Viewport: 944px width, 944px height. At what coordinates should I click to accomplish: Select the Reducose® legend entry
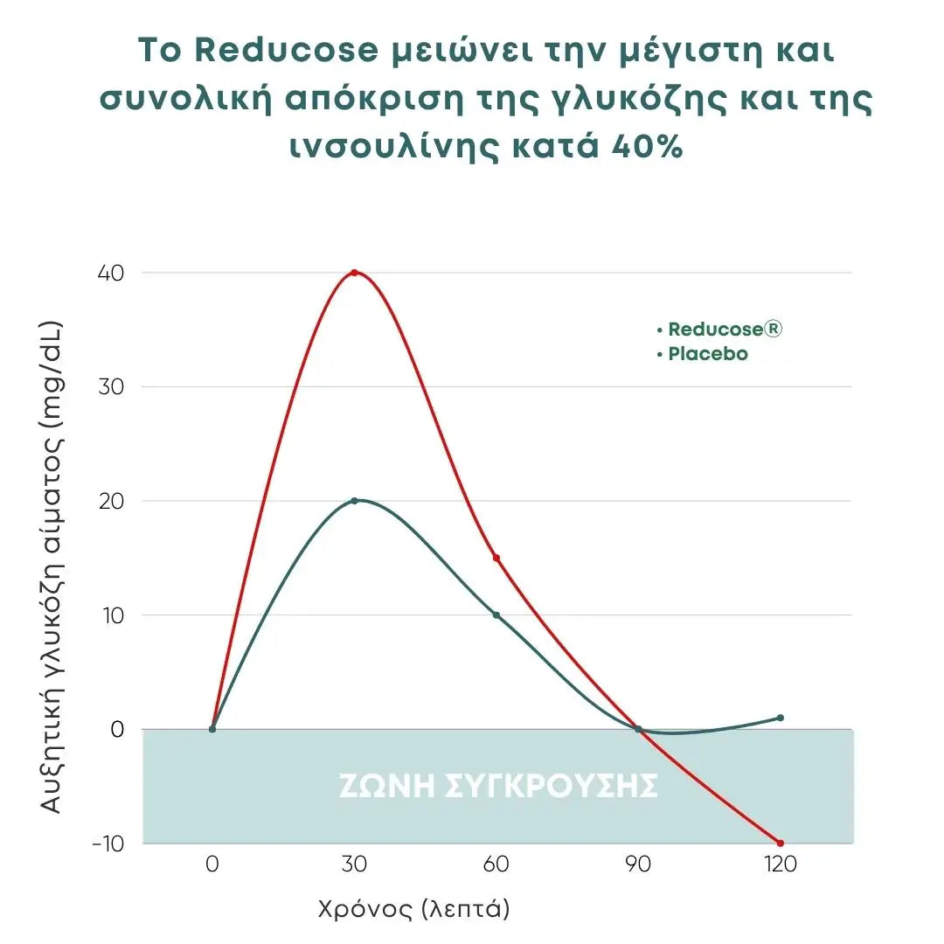tap(725, 330)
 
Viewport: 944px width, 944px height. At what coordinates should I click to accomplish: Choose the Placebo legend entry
tap(707, 355)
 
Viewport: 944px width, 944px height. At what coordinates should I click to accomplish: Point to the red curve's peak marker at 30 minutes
tap(354, 273)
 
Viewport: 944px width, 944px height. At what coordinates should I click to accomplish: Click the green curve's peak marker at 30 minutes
tap(354, 501)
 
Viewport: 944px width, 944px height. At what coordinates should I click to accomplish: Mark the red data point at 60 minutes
tap(496, 558)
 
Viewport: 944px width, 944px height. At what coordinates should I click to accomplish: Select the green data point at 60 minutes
tap(496, 615)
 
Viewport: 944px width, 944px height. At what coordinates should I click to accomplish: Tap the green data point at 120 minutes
tap(780, 718)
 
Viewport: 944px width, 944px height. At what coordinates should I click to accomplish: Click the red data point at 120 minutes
tap(780, 843)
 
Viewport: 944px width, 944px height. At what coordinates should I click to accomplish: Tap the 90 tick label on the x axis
tap(638, 864)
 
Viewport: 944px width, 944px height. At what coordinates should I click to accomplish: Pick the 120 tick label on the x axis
tap(780, 864)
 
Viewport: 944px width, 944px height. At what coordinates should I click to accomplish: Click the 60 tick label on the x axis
tap(496, 864)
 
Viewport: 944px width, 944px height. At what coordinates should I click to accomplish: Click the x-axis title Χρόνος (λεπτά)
tap(413, 910)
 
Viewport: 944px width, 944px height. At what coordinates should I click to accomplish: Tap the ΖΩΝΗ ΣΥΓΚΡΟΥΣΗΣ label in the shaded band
tap(497, 787)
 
